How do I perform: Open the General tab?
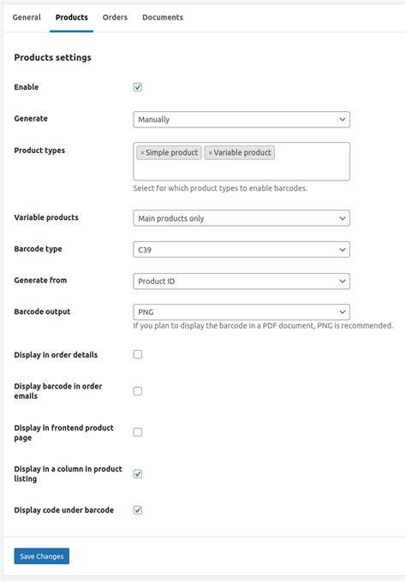[26, 17]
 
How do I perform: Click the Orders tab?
[115, 17]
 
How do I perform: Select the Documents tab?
[163, 17]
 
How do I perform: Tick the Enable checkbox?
[138, 87]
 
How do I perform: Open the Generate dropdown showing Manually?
[242, 120]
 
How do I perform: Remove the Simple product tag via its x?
[142, 153]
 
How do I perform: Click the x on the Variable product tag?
[210, 153]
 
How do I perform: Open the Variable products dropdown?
[242, 218]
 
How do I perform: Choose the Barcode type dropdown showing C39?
[242, 250]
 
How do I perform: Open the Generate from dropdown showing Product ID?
[242, 281]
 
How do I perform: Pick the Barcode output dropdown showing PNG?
[242, 312]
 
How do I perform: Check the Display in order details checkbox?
[138, 354]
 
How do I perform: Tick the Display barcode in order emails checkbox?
[138, 391]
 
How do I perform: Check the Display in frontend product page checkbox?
[138, 432]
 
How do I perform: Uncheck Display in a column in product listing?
[138, 473]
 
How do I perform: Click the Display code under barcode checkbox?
[138, 510]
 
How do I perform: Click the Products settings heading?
[53, 57]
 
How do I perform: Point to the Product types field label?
[39, 151]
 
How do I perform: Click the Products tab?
[72, 17]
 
